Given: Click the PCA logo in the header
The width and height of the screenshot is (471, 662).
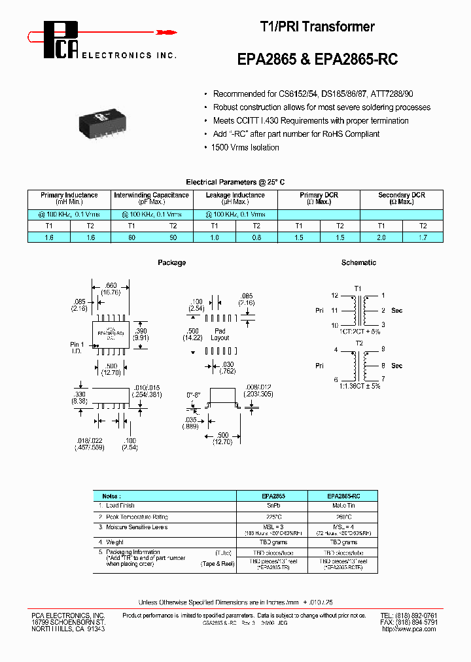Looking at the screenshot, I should click(x=62, y=39).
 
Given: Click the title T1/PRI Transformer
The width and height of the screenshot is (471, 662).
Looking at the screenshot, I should click(x=317, y=27).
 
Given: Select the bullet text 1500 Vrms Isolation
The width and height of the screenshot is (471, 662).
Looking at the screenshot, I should click(x=246, y=148).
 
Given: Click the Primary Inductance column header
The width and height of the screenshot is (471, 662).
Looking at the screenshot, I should click(x=69, y=198).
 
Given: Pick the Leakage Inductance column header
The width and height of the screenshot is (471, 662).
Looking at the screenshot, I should click(x=235, y=198).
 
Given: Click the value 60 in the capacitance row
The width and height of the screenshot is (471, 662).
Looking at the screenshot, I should click(x=131, y=238).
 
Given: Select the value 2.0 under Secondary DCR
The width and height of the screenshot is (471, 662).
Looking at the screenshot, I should click(x=381, y=238).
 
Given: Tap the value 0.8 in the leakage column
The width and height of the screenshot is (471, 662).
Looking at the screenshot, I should click(x=257, y=238).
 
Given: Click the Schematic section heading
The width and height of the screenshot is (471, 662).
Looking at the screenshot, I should click(x=358, y=262).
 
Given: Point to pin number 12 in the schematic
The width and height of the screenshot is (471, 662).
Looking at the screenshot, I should click(x=334, y=296).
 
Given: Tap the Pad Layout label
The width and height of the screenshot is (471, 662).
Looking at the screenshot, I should click(x=220, y=334).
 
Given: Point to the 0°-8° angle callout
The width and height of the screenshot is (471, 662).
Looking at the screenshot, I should click(x=193, y=395).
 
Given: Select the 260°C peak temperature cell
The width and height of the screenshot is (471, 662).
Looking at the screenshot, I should click(x=342, y=516).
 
